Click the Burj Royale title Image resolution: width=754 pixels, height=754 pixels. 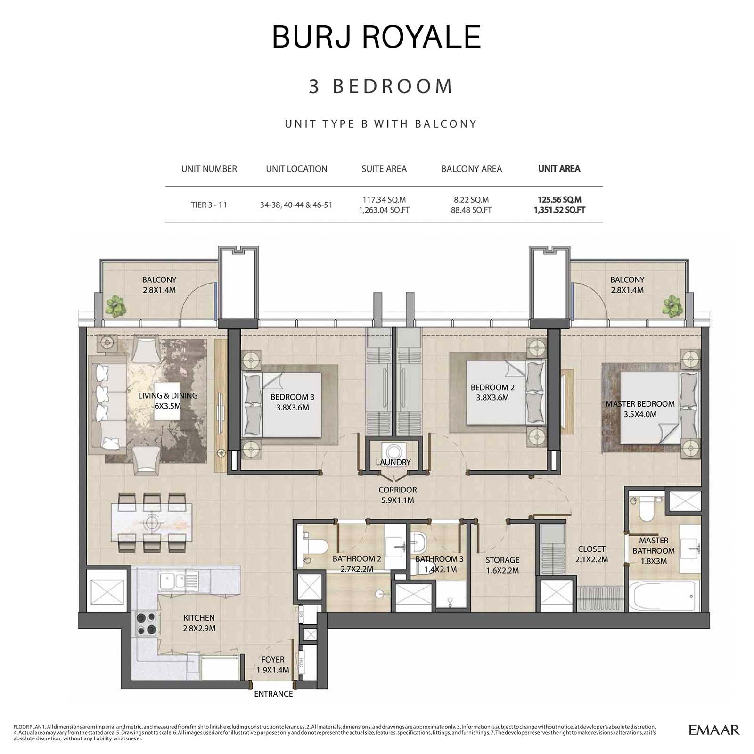tap(376, 37)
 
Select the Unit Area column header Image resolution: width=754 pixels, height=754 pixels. tap(559, 169)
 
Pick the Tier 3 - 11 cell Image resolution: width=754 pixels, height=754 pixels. tap(209, 205)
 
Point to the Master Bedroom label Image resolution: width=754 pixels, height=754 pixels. tap(639, 409)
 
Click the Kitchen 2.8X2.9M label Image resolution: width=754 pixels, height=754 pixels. tap(199, 623)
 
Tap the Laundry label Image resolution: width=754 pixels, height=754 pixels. tap(393, 462)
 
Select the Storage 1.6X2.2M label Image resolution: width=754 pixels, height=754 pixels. tap(502, 565)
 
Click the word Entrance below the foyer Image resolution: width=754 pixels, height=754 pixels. tap(273, 694)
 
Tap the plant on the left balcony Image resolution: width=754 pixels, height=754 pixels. tap(115, 307)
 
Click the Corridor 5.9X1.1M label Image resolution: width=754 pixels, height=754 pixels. tap(398, 495)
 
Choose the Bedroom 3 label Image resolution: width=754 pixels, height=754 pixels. tap(292, 402)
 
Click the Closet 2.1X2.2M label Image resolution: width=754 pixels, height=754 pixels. tap(591, 554)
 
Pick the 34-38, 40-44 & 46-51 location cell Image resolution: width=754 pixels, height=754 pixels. tap(296, 205)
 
